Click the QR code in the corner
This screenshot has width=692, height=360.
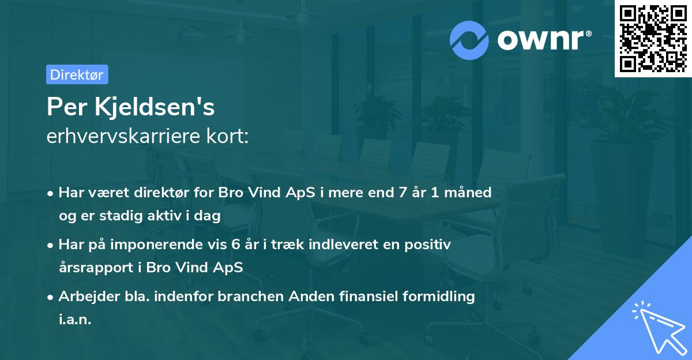tap(653, 38)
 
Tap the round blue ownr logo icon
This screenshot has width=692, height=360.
tap(469, 39)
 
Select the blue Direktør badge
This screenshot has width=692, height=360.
tap(77, 74)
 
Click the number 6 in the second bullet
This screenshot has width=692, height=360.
tap(236, 245)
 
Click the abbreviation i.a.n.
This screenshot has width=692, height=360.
tap(75, 320)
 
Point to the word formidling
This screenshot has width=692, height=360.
tap(438, 297)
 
